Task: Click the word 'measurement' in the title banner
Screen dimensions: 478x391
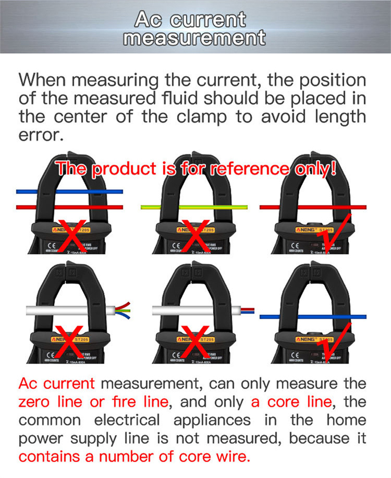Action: tap(195, 38)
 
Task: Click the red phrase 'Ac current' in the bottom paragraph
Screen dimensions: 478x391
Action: tap(56, 384)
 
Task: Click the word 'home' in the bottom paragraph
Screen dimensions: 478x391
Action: tap(346, 421)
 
